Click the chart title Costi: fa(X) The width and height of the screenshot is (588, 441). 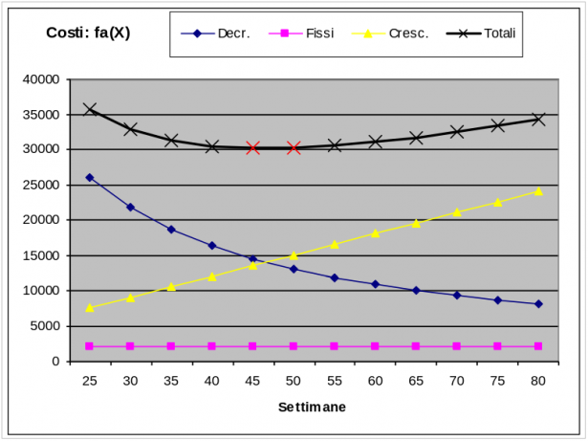[x=88, y=33]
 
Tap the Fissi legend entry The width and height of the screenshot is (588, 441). [x=319, y=33]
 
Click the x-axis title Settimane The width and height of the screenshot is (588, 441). [x=313, y=407]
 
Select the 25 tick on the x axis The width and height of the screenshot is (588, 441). [x=90, y=380]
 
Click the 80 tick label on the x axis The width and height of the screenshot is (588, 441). [x=538, y=380]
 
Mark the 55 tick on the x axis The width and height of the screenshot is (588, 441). [x=335, y=380]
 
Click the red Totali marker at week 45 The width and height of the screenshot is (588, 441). [x=252, y=147]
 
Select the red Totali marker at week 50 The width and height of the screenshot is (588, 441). [x=294, y=148]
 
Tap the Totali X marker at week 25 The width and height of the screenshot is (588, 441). [x=90, y=109]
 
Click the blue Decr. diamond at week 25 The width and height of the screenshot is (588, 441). [x=90, y=177]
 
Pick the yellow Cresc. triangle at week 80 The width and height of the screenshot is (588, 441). [x=538, y=191]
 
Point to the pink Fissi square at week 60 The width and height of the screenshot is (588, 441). [x=375, y=346]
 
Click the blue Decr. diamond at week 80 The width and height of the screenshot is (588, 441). [x=538, y=304]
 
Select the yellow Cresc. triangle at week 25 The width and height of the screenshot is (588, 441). [x=90, y=307]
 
